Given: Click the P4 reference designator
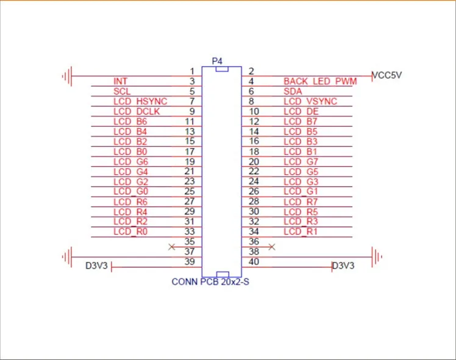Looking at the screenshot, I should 217,61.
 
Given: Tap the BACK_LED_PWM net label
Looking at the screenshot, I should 320,81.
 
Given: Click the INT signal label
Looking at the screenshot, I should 120,81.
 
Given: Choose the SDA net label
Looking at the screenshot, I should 293,91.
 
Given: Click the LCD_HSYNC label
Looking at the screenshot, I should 140,101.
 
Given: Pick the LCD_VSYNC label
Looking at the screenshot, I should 310,101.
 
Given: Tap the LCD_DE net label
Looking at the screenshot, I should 301,111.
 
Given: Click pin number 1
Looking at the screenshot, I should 192,72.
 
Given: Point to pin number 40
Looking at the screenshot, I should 254,262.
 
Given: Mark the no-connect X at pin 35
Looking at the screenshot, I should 172,247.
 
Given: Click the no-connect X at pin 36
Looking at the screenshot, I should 272,247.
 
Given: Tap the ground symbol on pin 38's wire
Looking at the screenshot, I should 377,256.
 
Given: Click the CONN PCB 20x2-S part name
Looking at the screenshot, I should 210,282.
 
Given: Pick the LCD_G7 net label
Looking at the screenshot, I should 301,161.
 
